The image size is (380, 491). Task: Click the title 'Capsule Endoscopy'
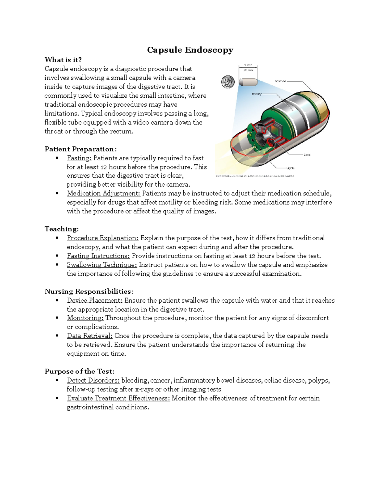click(190, 50)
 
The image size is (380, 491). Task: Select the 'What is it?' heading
click(63, 60)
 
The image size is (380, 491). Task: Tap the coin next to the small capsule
click(227, 82)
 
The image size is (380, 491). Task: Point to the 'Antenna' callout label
click(280, 81)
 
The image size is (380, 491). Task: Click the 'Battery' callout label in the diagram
click(256, 94)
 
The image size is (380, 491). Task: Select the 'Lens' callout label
click(307, 155)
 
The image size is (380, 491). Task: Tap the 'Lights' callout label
click(290, 168)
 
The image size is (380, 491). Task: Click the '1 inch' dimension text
click(248, 65)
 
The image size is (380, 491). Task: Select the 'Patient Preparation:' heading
click(80, 149)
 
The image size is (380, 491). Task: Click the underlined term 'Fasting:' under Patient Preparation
click(79, 158)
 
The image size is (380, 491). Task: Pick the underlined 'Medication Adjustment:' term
click(104, 193)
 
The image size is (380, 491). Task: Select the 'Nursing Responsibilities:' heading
click(89, 292)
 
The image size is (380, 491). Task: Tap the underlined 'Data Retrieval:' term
click(90, 336)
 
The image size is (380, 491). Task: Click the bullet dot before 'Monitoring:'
click(57, 318)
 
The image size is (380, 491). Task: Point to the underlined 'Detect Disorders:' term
click(93, 380)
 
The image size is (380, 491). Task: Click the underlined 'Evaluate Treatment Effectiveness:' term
click(118, 398)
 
